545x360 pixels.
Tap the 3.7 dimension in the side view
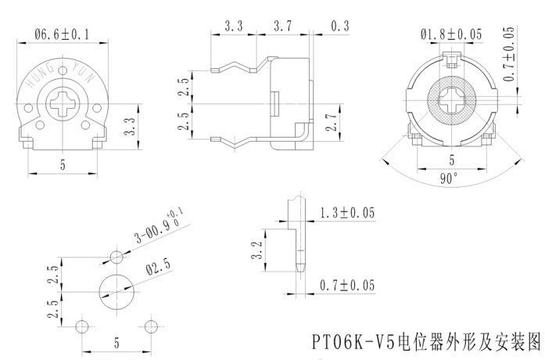(284, 26)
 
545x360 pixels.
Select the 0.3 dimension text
(340, 26)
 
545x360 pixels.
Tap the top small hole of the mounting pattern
(117, 257)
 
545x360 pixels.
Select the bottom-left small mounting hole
(81, 325)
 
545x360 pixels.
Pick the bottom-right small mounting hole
(152, 325)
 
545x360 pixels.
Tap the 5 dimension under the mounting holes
(117, 342)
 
